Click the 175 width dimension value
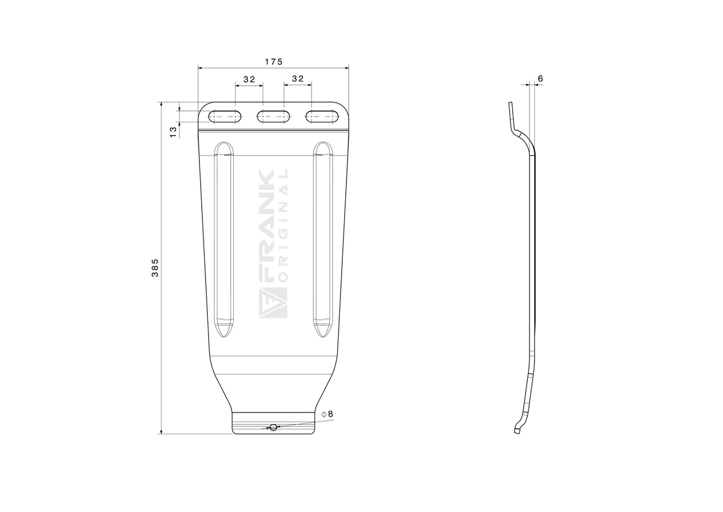tap(274, 62)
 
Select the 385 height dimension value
tap(155, 267)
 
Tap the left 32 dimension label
tap(249, 79)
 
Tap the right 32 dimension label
tap(298, 78)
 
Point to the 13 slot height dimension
tap(174, 132)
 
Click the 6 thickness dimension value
tap(540, 78)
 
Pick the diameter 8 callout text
tap(327, 414)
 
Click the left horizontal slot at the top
tap(225, 116)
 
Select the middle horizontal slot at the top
tap(274, 116)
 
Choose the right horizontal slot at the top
tap(322, 116)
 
